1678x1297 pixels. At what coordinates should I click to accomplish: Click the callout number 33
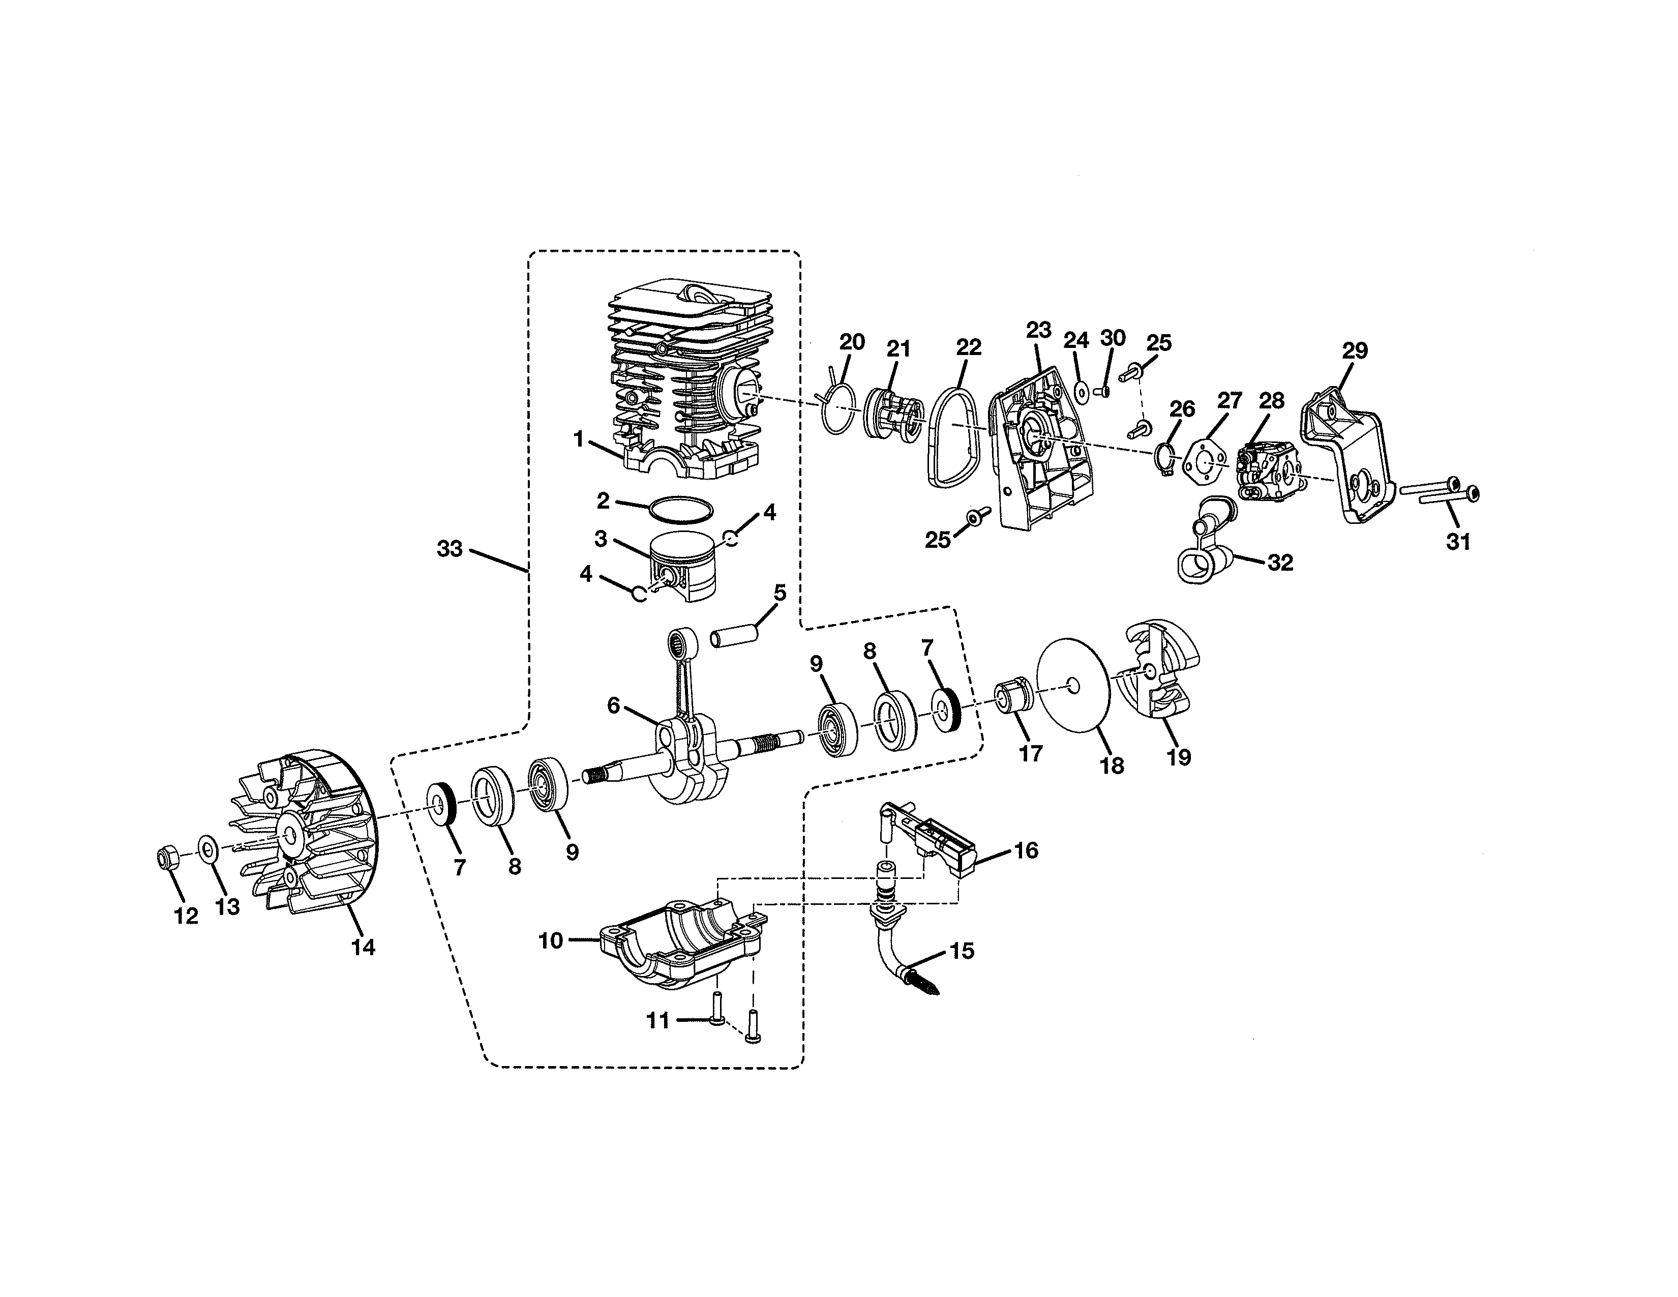click(x=450, y=549)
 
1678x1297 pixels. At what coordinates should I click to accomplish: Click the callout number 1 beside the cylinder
click(x=579, y=439)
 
